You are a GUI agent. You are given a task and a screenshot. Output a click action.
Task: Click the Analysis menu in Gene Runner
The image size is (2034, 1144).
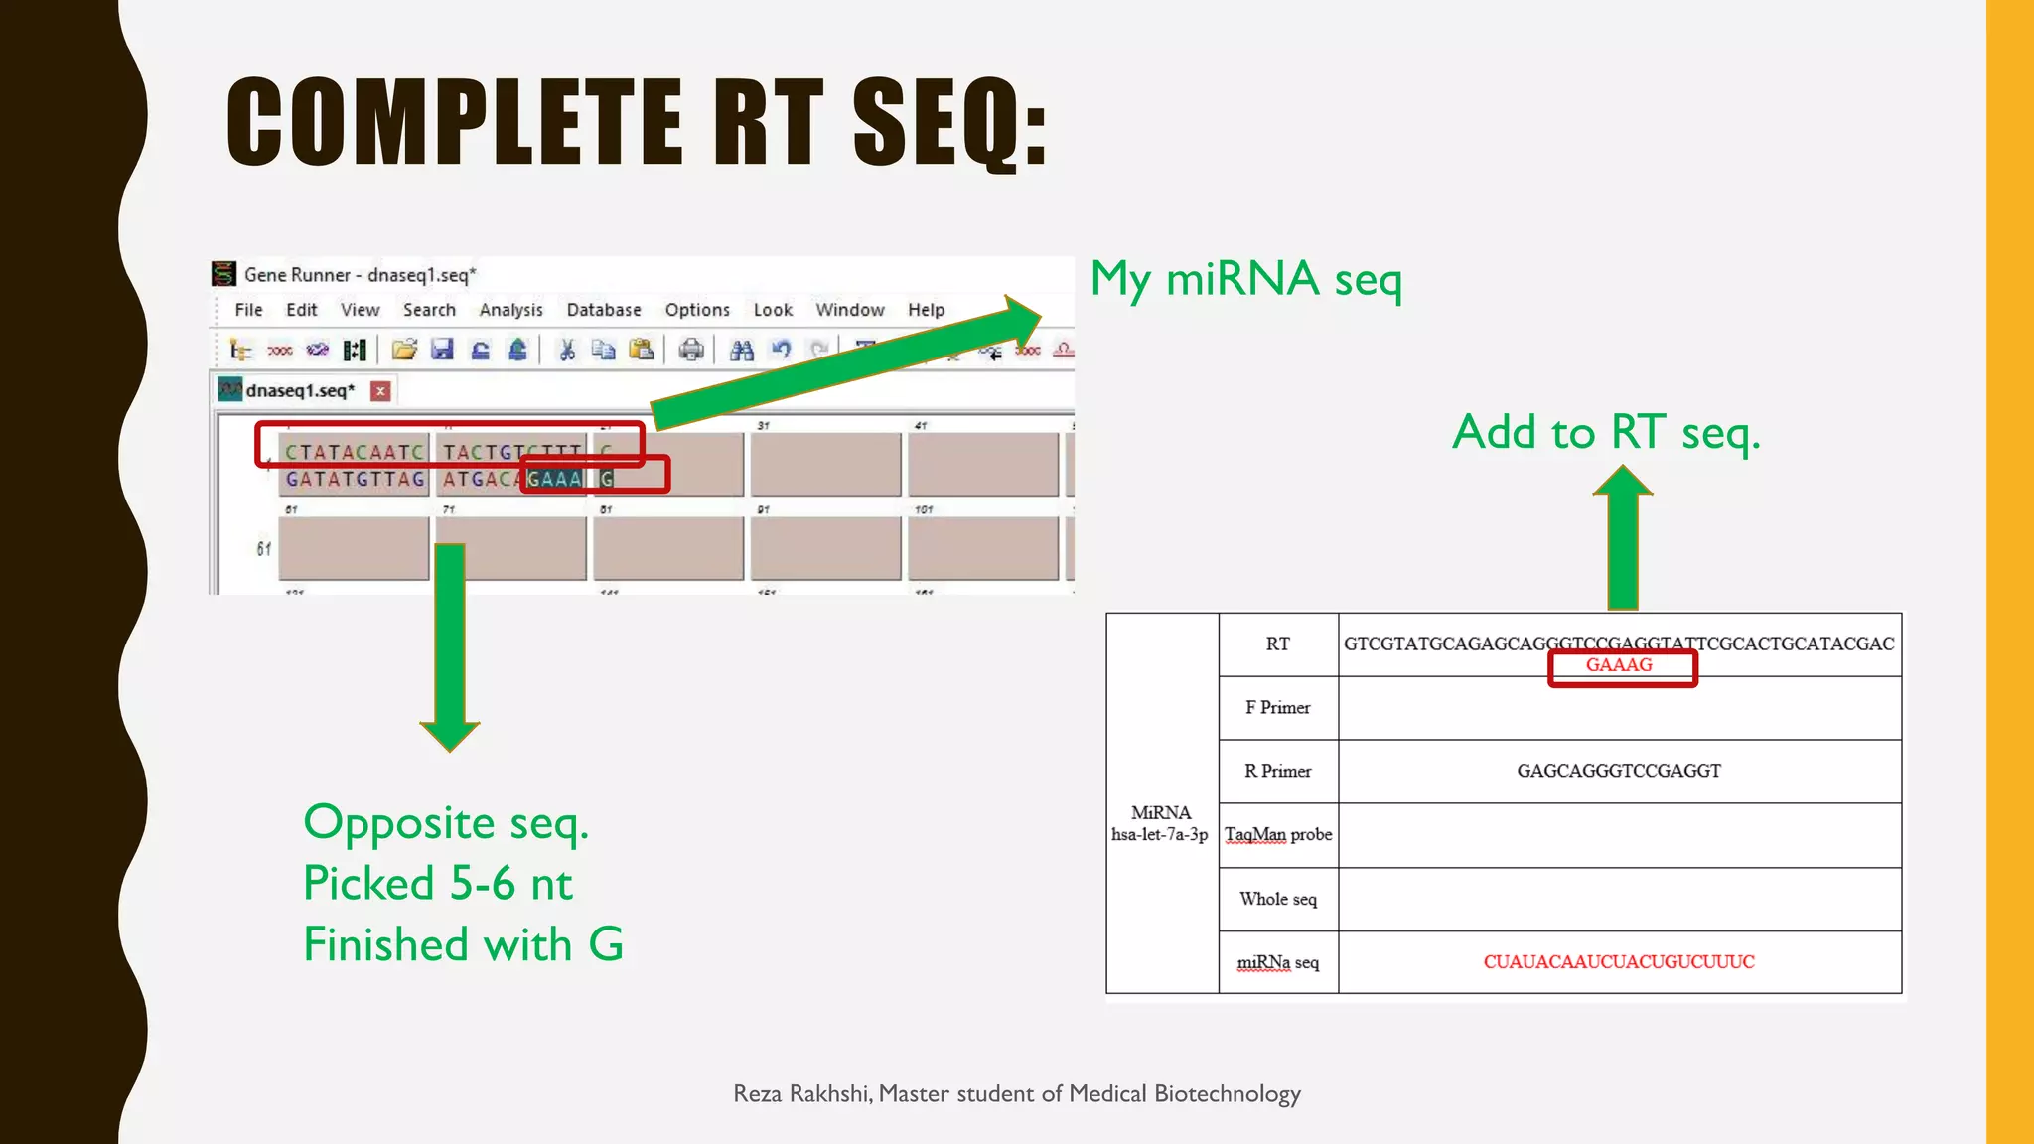tap(510, 310)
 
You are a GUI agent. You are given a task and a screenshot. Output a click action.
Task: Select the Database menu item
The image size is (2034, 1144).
tap(603, 310)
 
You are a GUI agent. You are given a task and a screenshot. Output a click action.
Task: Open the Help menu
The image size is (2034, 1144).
tap(926, 310)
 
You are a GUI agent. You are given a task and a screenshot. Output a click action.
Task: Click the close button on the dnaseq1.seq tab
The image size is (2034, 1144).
tap(380, 391)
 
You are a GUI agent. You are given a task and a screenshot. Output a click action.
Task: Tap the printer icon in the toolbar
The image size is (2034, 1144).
tap(691, 350)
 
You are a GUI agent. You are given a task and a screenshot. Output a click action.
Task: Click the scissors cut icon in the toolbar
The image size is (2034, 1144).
tap(567, 350)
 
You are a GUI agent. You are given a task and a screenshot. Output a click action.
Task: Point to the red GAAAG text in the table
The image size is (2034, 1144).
tap(1619, 665)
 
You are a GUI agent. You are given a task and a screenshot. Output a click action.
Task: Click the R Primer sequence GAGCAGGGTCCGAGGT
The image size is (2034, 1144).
tap(1619, 771)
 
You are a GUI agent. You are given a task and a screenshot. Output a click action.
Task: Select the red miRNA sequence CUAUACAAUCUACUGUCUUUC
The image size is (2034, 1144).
tap(1619, 961)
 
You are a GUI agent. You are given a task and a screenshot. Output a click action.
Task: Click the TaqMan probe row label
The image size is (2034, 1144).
tap(1278, 834)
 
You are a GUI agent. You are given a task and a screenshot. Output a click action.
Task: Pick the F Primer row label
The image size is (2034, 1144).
tap(1278, 707)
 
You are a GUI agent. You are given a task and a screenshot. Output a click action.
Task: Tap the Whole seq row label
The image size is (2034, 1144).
tap(1278, 899)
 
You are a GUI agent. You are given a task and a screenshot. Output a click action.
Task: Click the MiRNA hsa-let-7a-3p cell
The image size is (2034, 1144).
tap(1160, 823)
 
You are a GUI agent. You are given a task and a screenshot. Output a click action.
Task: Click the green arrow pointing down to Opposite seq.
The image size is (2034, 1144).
tap(450, 645)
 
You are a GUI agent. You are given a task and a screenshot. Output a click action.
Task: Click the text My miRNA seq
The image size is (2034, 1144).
tap(1246, 279)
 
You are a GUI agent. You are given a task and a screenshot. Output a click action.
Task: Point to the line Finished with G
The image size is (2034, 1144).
tap(463, 943)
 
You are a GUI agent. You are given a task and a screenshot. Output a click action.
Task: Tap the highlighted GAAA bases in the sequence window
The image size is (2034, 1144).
tap(554, 479)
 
